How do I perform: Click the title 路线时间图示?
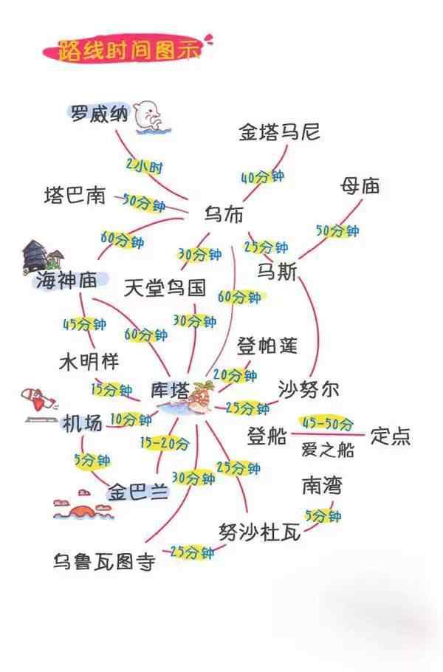(x=128, y=50)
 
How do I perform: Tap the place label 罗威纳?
(x=99, y=114)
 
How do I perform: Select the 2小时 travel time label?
(x=145, y=165)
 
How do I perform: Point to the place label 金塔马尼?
(x=279, y=131)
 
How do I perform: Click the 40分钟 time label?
(x=262, y=176)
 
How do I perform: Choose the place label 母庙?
(x=360, y=186)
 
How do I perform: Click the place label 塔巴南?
(x=75, y=195)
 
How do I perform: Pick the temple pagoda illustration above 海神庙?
(x=41, y=256)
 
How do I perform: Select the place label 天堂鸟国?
(x=165, y=287)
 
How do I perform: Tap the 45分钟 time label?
(x=84, y=324)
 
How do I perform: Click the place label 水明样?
(x=89, y=361)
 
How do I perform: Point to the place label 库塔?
(x=170, y=390)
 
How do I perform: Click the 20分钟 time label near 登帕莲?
(x=235, y=375)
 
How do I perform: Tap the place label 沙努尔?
(x=309, y=388)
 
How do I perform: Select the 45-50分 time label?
(x=328, y=423)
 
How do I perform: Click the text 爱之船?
(x=328, y=450)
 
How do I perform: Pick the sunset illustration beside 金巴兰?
(x=81, y=505)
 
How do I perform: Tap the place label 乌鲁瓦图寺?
(x=104, y=561)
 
